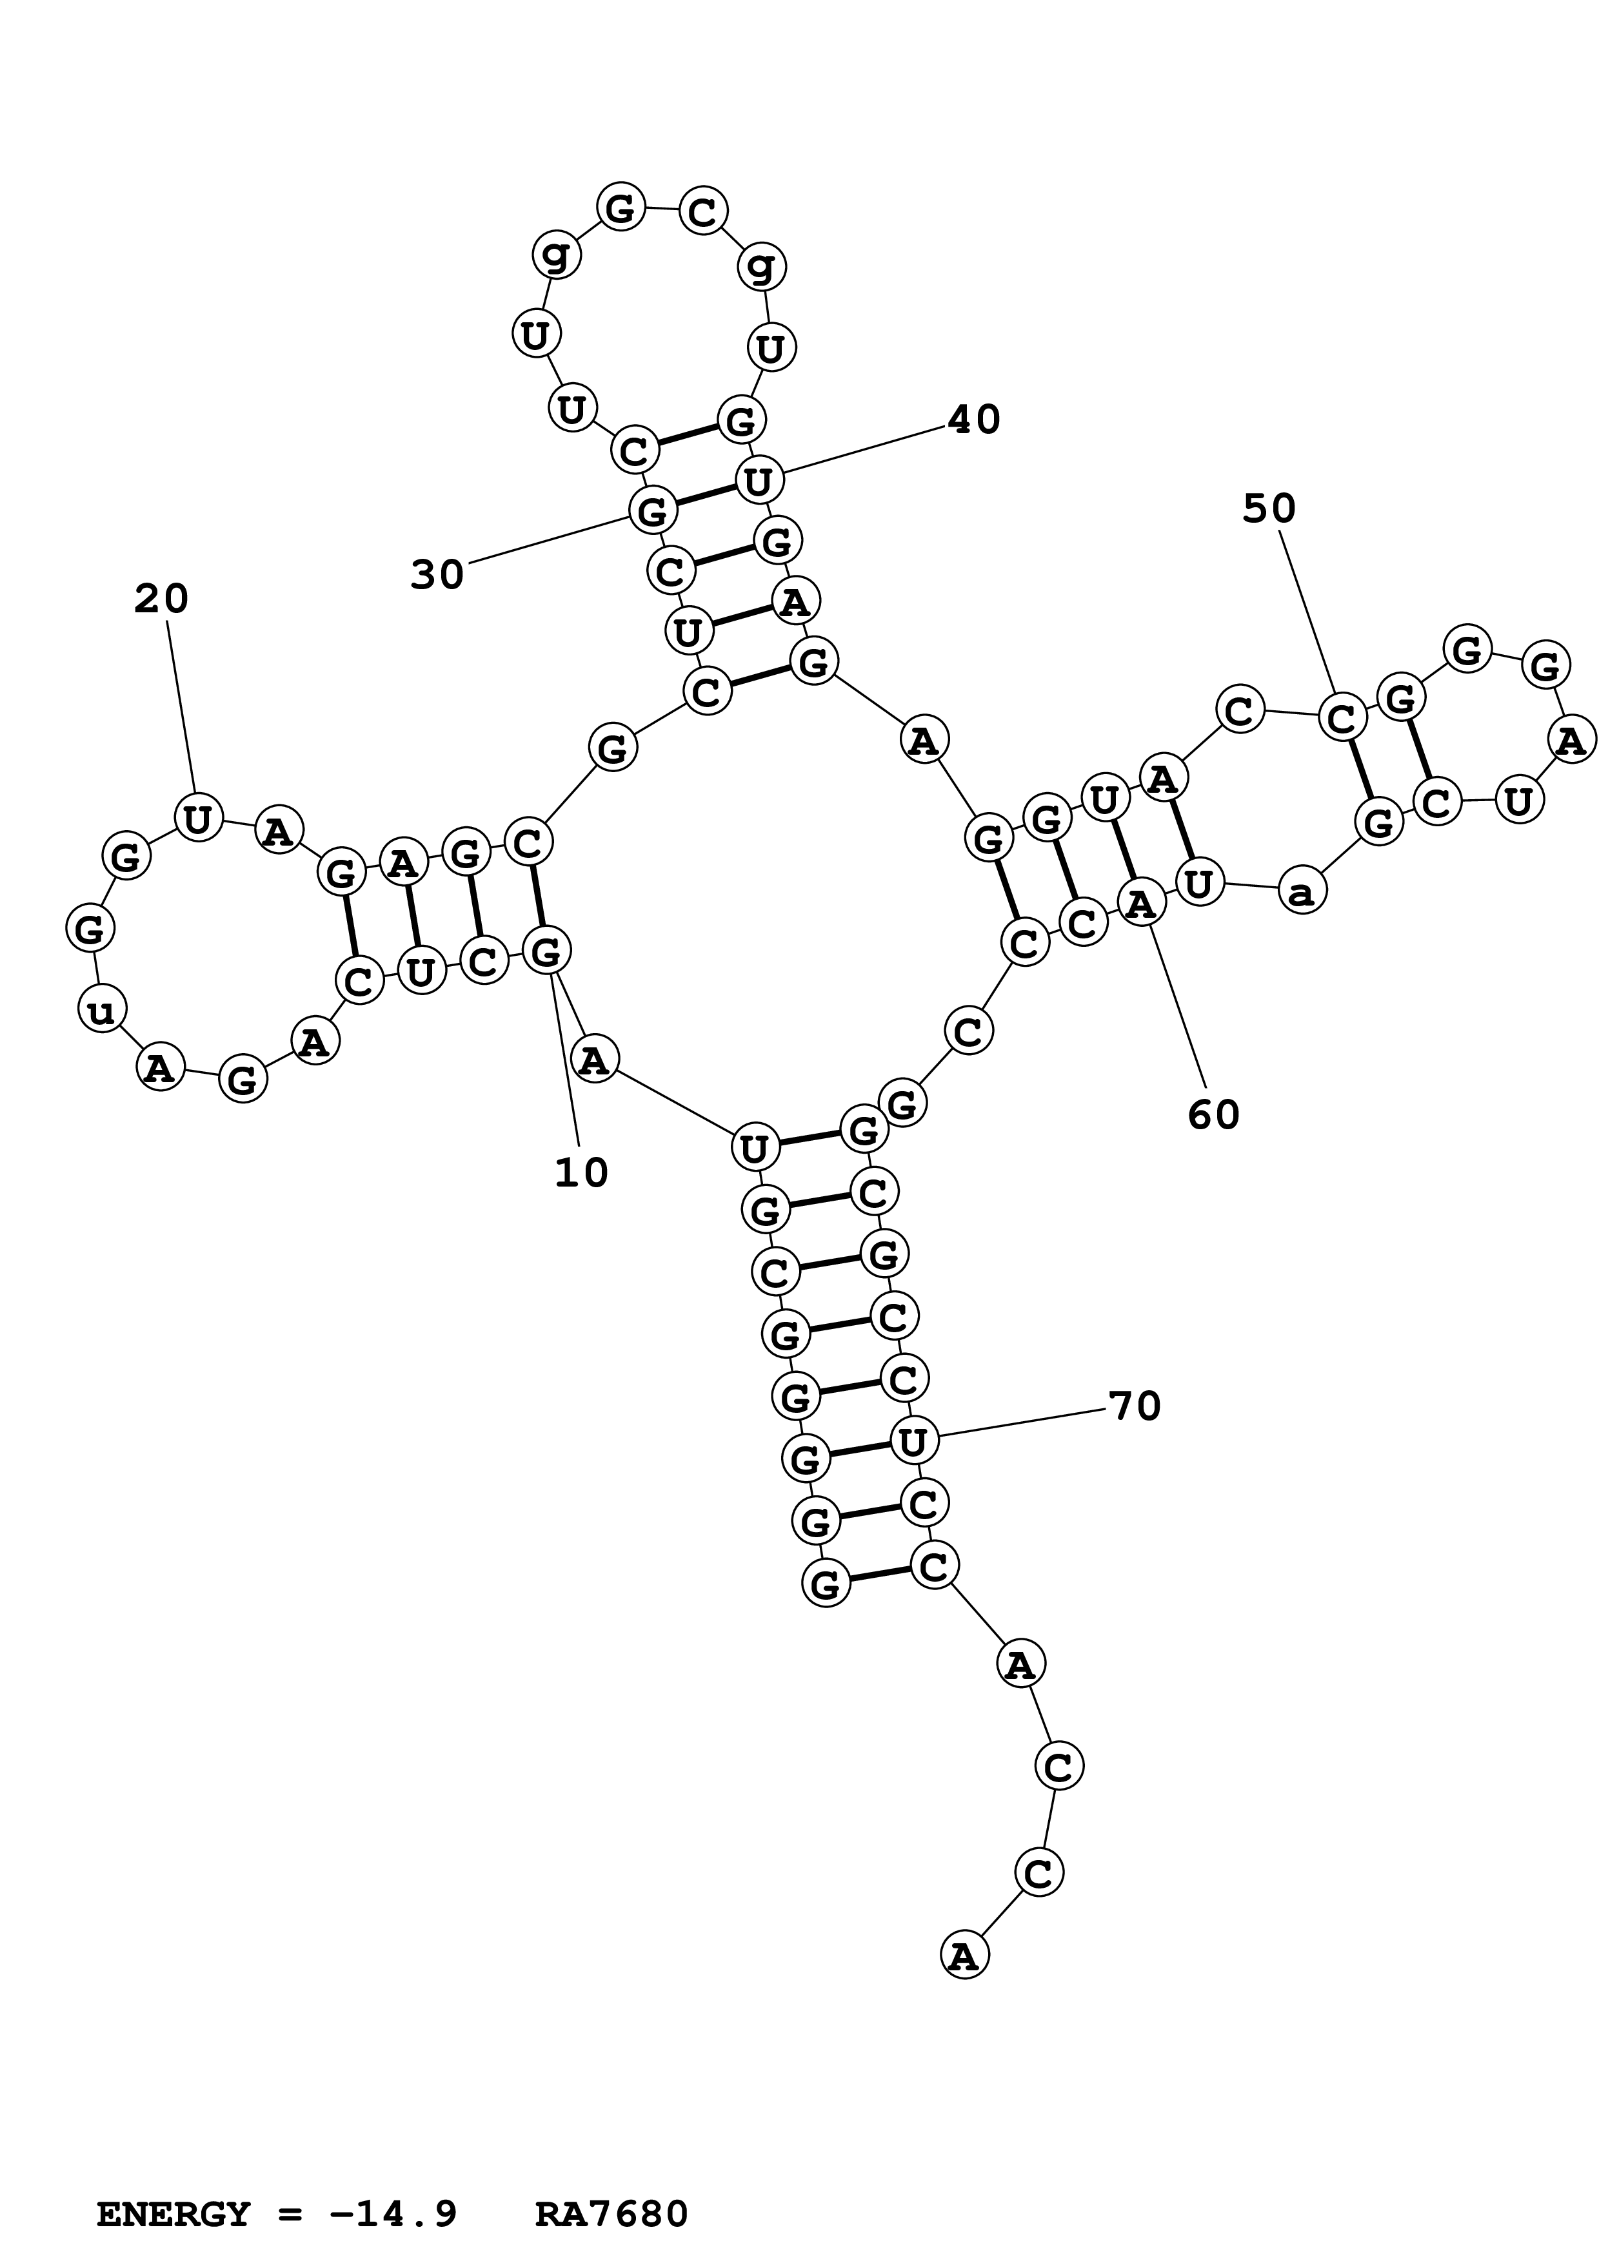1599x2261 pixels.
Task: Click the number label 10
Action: click(x=581, y=1173)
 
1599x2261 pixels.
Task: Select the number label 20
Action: click(x=161, y=599)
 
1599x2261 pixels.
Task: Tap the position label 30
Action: click(x=437, y=574)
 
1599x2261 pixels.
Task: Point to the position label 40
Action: click(x=973, y=420)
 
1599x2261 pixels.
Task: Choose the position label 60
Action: click(x=1213, y=1115)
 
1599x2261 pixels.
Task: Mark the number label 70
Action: click(x=1135, y=1406)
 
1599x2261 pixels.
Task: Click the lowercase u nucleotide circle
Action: click(x=101, y=1009)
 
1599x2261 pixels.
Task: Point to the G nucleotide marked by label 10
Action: click(x=546, y=952)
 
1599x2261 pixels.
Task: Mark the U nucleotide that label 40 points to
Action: click(x=759, y=481)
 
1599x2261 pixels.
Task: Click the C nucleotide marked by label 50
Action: click(x=1342, y=718)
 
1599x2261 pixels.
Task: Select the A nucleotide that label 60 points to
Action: click(x=1141, y=903)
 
